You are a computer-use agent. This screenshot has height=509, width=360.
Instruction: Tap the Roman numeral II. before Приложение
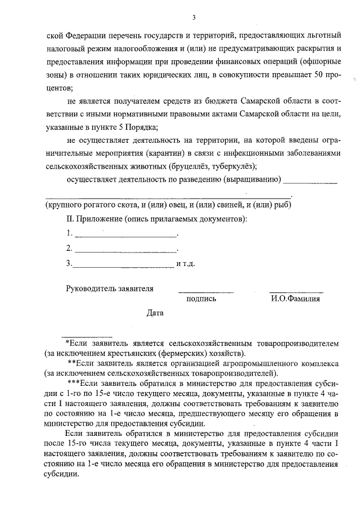(x=70, y=218)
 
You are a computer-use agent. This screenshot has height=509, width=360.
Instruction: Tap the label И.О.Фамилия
(x=295, y=299)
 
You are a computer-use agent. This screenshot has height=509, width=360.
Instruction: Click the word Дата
(x=155, y=313)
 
